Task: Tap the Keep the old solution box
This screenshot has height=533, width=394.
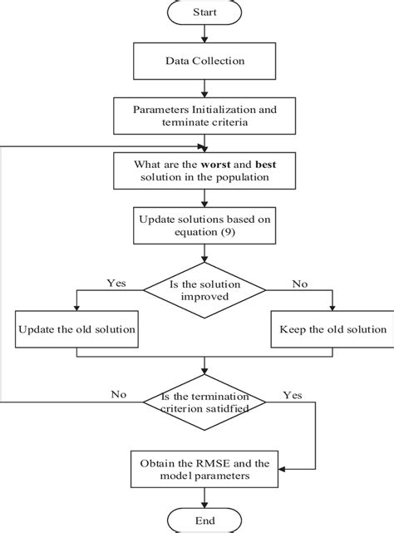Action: coord(331,329)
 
